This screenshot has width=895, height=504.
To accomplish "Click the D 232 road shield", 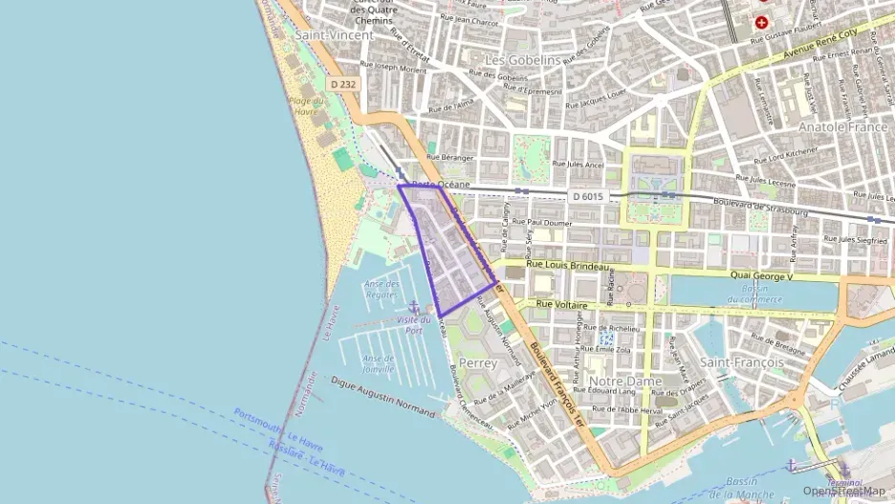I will [x=344, y=84].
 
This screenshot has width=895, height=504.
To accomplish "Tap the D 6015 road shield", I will [x=589, y=196].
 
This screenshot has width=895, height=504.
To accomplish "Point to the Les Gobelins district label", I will [x=523, y=59].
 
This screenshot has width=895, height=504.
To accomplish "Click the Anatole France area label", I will [x=843, y=126].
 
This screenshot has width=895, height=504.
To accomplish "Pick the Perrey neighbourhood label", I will [x=478, y=363].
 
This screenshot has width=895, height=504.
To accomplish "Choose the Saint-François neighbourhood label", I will [x=742, y=362].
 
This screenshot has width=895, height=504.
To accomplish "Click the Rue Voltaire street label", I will [x=559, y=304].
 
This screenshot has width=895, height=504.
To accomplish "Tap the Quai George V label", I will [x=761, y=276].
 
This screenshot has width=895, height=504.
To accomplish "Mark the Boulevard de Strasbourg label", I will [x=761, y=206].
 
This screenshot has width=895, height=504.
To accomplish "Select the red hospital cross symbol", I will [x=761, y=21].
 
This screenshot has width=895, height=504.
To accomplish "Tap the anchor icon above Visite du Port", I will [x=414, y=303].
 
